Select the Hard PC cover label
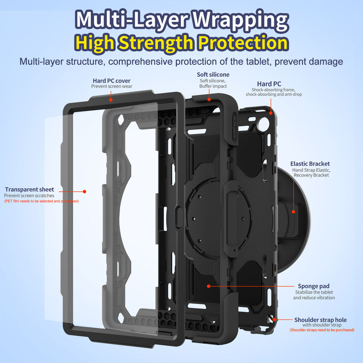coord(112,81)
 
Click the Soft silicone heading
coord(213,74)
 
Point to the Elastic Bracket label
coord(310,164)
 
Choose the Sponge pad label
coord(313,286)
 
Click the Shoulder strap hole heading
coord(320,320)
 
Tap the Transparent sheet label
coord(29,189)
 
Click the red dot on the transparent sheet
coord(85,192)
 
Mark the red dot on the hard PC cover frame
coord(111,100)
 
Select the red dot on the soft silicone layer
coord(209,100)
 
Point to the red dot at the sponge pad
coord(208,286)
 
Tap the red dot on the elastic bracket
coord(293,212)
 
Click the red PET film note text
coord(42,202)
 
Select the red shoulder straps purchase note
coord(322,330)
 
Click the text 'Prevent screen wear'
coord(112,87)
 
